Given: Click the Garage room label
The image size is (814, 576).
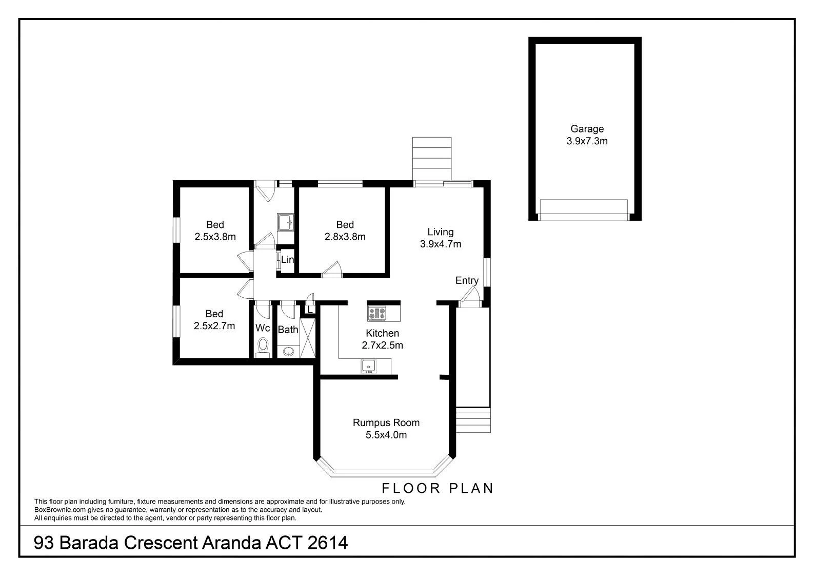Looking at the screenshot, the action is tap(587, 129).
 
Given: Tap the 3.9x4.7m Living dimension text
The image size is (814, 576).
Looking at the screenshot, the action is tap(441, 244).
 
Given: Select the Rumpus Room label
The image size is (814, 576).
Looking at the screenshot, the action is tap(386, 423).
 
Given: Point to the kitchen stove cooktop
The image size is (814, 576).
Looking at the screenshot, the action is tap(377, 313).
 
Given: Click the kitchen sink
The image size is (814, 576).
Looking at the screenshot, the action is tap(368, 366).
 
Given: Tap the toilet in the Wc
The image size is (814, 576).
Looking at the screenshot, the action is tap(263, 347).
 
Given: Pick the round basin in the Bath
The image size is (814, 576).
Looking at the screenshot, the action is tap(289, 352).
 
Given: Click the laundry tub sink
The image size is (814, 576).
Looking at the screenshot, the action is tap(285, 222).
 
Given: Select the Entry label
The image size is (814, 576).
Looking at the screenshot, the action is tap(467, 280).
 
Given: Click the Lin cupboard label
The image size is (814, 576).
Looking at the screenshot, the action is tap(287, 259).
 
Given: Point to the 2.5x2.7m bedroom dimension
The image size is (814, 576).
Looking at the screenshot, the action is tap(214, 326).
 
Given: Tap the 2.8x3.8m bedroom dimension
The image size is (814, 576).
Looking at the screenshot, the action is tap(345, 237).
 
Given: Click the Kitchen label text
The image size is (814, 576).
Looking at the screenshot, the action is tap(382, 333).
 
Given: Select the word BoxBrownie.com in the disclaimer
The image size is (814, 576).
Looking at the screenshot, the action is tap(60, 510).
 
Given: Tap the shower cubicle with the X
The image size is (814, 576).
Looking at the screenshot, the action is tap(307, 338).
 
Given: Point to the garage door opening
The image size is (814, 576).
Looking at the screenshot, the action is tap(584, 210).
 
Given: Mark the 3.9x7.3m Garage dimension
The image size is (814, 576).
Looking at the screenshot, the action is tap(587, 141).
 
